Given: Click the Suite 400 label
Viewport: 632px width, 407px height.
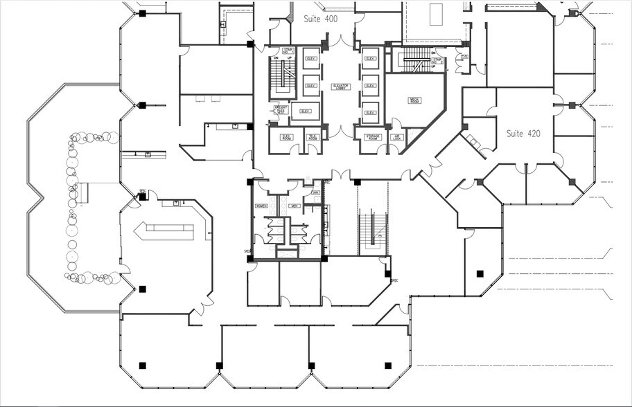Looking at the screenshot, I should point(321,19).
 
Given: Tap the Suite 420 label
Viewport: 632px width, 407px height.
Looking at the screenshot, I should point(523,133).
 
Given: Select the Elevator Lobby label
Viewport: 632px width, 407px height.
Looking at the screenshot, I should point(341,87).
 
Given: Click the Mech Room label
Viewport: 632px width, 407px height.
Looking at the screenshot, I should point(416,99).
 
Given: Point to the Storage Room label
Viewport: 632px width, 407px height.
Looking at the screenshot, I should point(374,137).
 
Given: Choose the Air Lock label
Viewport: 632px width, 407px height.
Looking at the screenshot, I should point(397,137).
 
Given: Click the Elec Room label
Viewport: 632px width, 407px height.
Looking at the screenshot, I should point(286,137).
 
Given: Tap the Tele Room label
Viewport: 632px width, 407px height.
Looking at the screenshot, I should point(313,137).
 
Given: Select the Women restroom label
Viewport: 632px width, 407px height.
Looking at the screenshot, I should point(261,206).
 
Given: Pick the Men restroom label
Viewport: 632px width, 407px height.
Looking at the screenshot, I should point(294,206).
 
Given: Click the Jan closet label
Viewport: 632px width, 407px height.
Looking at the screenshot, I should point(315,192).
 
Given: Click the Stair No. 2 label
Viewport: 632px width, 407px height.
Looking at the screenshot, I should point(437,62).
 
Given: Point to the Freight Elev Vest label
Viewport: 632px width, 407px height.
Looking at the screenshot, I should point(281,111).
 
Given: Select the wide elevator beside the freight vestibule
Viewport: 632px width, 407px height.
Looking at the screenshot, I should point(306,111).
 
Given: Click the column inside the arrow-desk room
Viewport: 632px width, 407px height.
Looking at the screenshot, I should point(142,289).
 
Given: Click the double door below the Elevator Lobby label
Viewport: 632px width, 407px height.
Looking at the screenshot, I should point(341,132).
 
